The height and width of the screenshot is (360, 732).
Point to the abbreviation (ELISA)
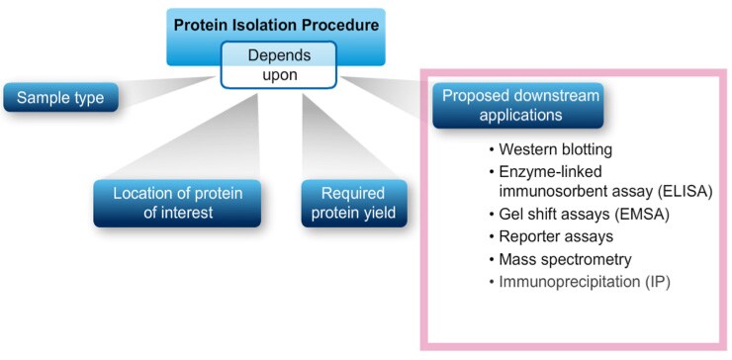tap(683, 191)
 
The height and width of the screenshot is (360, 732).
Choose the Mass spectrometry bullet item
tap(560, 259)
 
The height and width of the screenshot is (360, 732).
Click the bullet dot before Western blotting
tap(492, 150)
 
